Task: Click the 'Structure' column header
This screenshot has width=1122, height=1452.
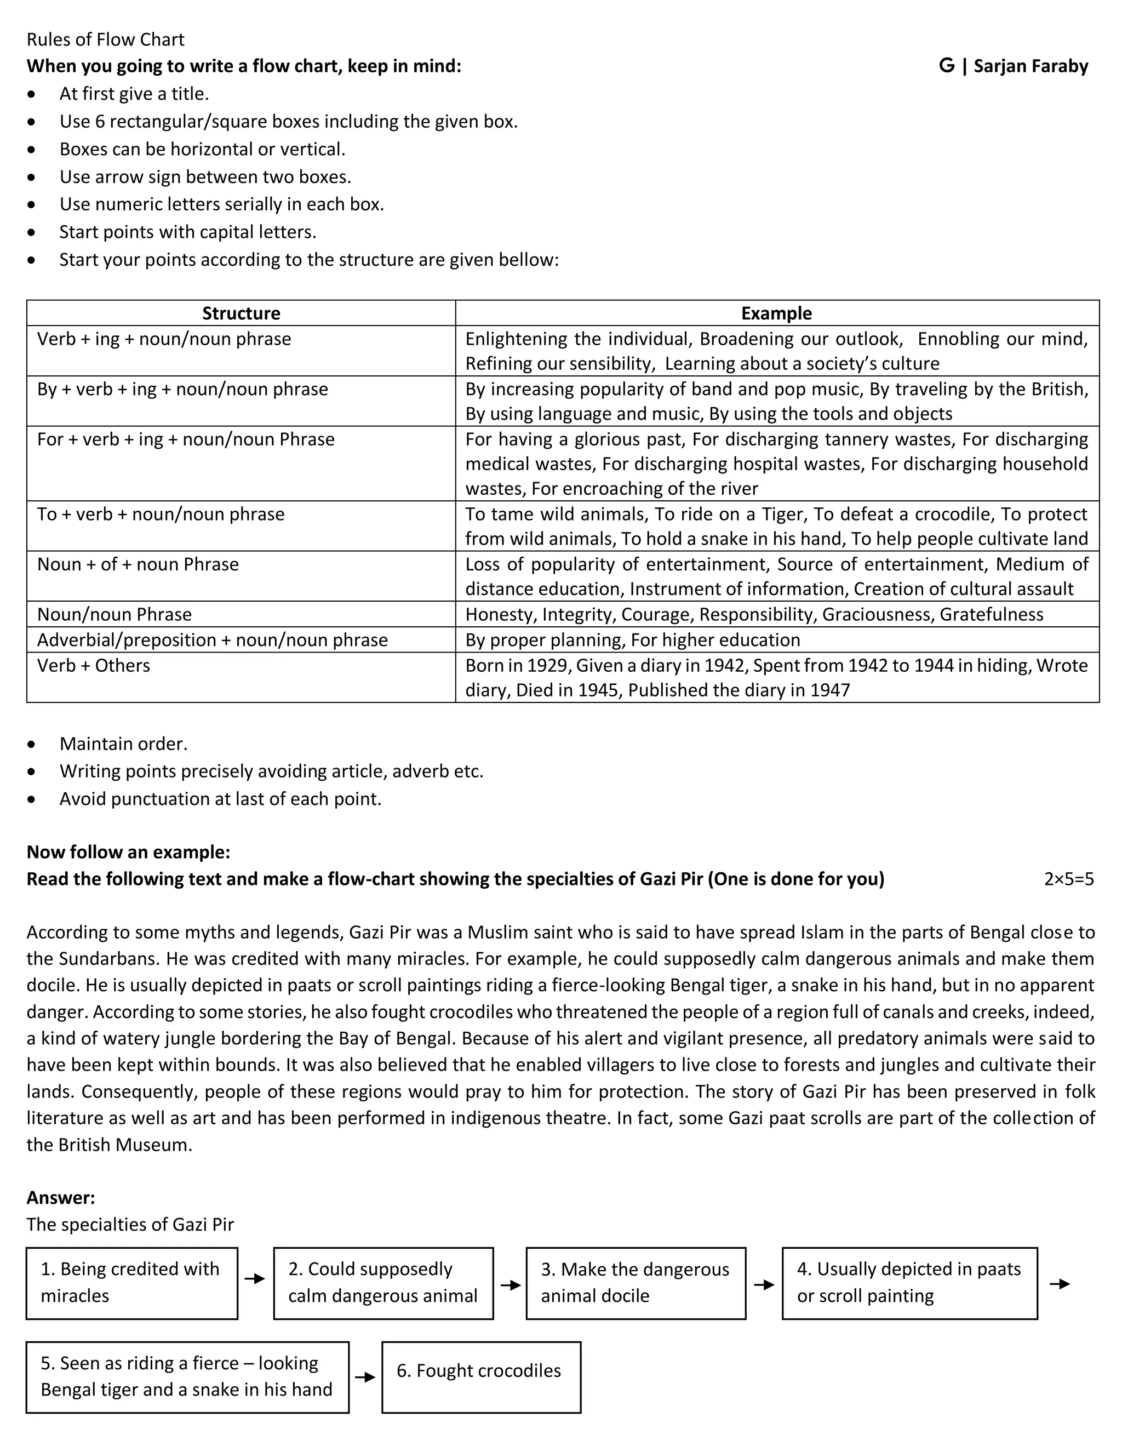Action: click(241, 313)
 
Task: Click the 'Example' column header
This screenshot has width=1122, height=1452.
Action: click(776, 313)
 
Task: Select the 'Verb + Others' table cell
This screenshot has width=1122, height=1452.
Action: click(94, 666)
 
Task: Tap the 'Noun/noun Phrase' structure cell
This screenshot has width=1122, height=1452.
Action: click(115, 614)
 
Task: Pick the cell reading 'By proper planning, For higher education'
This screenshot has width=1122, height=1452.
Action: click(633, 639)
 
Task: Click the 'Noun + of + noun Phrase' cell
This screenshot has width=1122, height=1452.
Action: click(138, 564)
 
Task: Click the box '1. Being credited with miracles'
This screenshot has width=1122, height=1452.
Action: click(131, 1283)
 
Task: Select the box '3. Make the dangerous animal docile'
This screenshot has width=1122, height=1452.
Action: click(636, 1283)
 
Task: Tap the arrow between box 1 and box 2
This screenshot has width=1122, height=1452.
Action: click(255, 1278)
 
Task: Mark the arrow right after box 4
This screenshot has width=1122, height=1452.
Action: click(1060, 1284)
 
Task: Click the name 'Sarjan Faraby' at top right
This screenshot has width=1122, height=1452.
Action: click(1031, 66)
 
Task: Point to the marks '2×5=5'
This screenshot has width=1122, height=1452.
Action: click(1068, 879)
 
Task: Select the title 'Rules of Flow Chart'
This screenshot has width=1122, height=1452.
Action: click(106, 40)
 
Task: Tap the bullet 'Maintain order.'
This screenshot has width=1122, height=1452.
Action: click(124, 744)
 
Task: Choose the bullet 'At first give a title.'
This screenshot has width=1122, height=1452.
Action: click(134, 94)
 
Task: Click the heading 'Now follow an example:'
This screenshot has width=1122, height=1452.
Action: click(128, 853)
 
